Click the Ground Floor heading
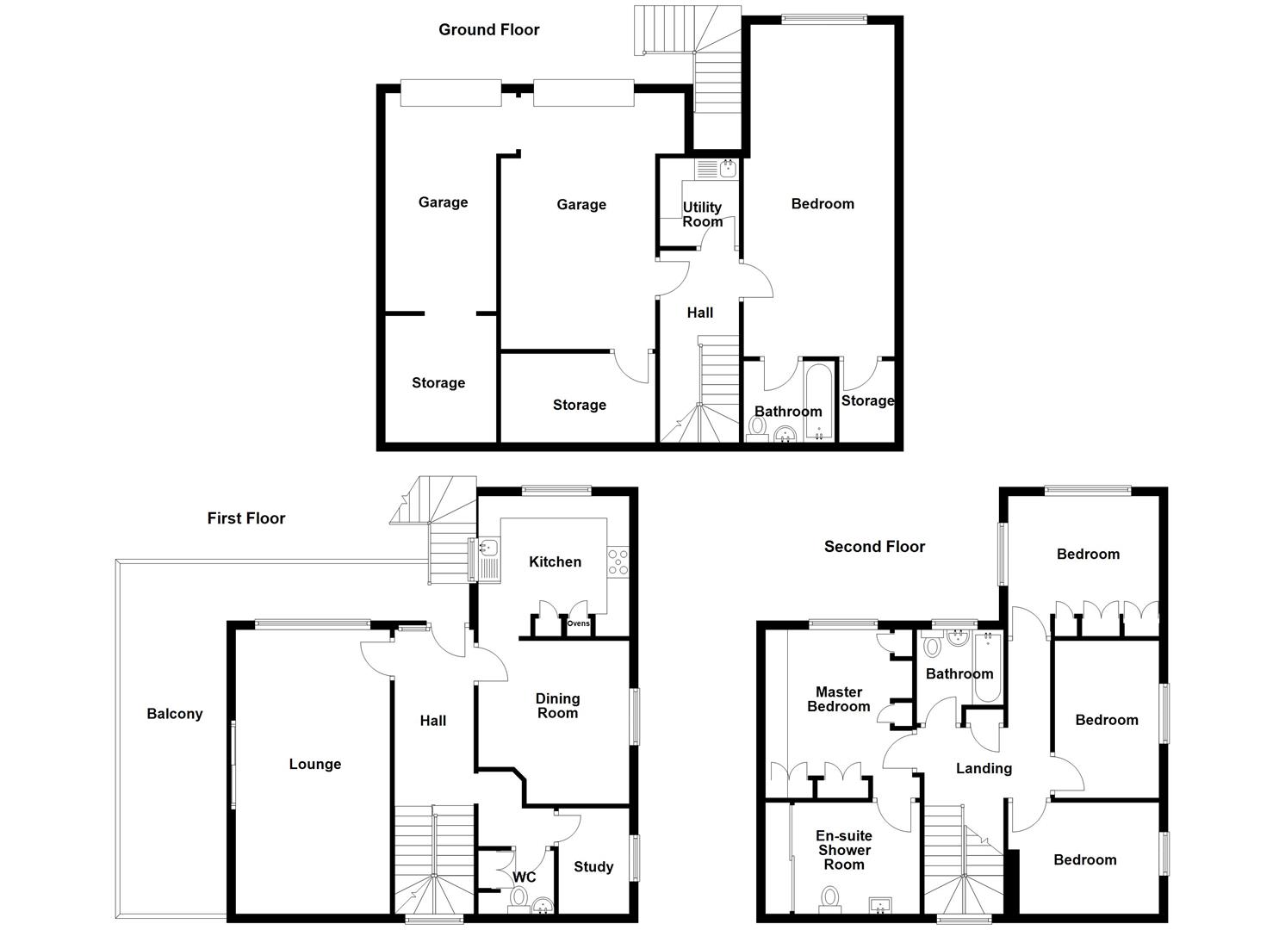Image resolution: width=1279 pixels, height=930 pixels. coord(488,29)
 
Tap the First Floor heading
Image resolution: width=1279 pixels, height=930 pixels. coord(245,518)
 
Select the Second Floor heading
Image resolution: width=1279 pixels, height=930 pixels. coord(874,546)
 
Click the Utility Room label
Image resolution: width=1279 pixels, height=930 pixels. coord(702,214)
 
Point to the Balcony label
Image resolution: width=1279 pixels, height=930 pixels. coord(174,713)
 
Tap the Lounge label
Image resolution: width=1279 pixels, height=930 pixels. coord(314,764)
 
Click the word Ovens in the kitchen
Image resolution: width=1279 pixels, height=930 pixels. coord(578,623)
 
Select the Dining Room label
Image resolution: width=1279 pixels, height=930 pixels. coord(557,705)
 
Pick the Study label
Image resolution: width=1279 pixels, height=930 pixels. coord(593,866)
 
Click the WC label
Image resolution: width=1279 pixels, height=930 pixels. coord(525,877)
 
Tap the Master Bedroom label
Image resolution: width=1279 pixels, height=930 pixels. coord(838,699)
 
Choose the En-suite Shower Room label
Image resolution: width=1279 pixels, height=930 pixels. coord(843,850)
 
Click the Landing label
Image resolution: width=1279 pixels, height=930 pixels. coord(984,768)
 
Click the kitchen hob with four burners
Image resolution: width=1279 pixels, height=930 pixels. coord(618,561)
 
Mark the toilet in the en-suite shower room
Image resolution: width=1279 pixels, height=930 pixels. coord(829,898)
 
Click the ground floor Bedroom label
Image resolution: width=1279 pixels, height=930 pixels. coord(823,203)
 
